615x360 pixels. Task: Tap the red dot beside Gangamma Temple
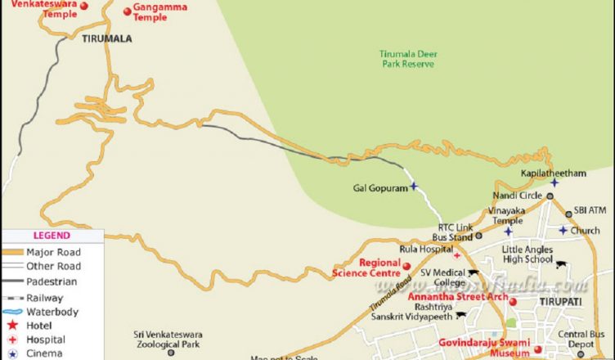click(127, 11)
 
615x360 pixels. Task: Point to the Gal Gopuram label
click(379, 187)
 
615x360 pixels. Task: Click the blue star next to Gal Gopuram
click(414, 187)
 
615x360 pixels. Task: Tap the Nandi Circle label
click(517, 196)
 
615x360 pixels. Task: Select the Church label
click(586, 230)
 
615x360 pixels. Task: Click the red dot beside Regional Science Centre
click(406, 265)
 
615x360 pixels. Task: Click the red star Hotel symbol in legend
click(13, 326)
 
